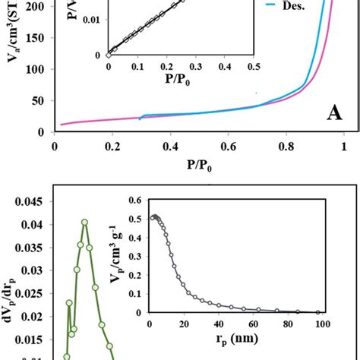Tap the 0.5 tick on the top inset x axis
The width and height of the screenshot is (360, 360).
(x=253, y=67)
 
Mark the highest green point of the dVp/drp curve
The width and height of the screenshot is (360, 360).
(x=84, y=222)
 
